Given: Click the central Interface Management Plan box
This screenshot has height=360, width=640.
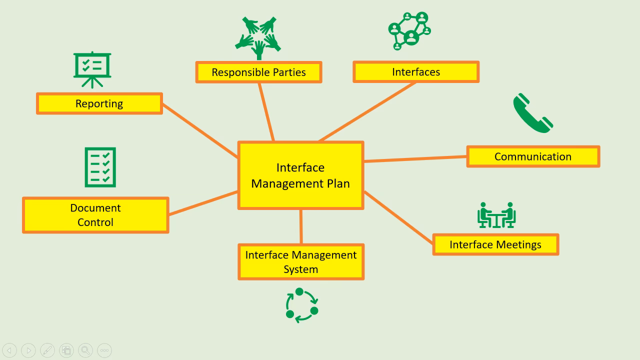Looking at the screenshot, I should point(300,175).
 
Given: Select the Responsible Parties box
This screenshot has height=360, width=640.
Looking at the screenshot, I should point(258,72).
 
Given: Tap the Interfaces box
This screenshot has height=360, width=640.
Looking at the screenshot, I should point(416,72).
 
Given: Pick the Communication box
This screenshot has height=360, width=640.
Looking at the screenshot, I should point(533,156).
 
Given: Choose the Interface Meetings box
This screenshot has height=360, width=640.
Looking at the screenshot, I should point(495,244).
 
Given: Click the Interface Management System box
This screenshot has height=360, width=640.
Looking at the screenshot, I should point(300,262).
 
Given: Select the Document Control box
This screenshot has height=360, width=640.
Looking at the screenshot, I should point(95,215).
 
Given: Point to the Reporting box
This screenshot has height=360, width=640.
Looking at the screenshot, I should point(99,103).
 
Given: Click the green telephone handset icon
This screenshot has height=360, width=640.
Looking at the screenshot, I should point(532,113).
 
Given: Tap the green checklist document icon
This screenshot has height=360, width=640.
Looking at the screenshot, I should point(100,167).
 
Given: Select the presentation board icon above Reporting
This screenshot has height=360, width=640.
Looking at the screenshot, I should point(92,69).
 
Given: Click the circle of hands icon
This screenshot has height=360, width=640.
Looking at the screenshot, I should point(258,38).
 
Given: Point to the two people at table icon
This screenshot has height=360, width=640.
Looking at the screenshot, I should point(496,215).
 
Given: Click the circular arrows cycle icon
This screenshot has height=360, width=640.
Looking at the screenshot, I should point(301,305).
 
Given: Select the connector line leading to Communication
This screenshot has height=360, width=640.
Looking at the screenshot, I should point(415,159).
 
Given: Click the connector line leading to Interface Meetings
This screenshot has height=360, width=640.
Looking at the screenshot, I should point(398,217).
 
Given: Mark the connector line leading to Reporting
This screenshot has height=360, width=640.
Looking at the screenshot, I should point(200,130).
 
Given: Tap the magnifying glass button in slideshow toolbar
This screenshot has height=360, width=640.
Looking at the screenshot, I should point(85,350).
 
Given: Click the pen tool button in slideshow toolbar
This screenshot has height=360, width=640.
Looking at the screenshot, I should point(47,350).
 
